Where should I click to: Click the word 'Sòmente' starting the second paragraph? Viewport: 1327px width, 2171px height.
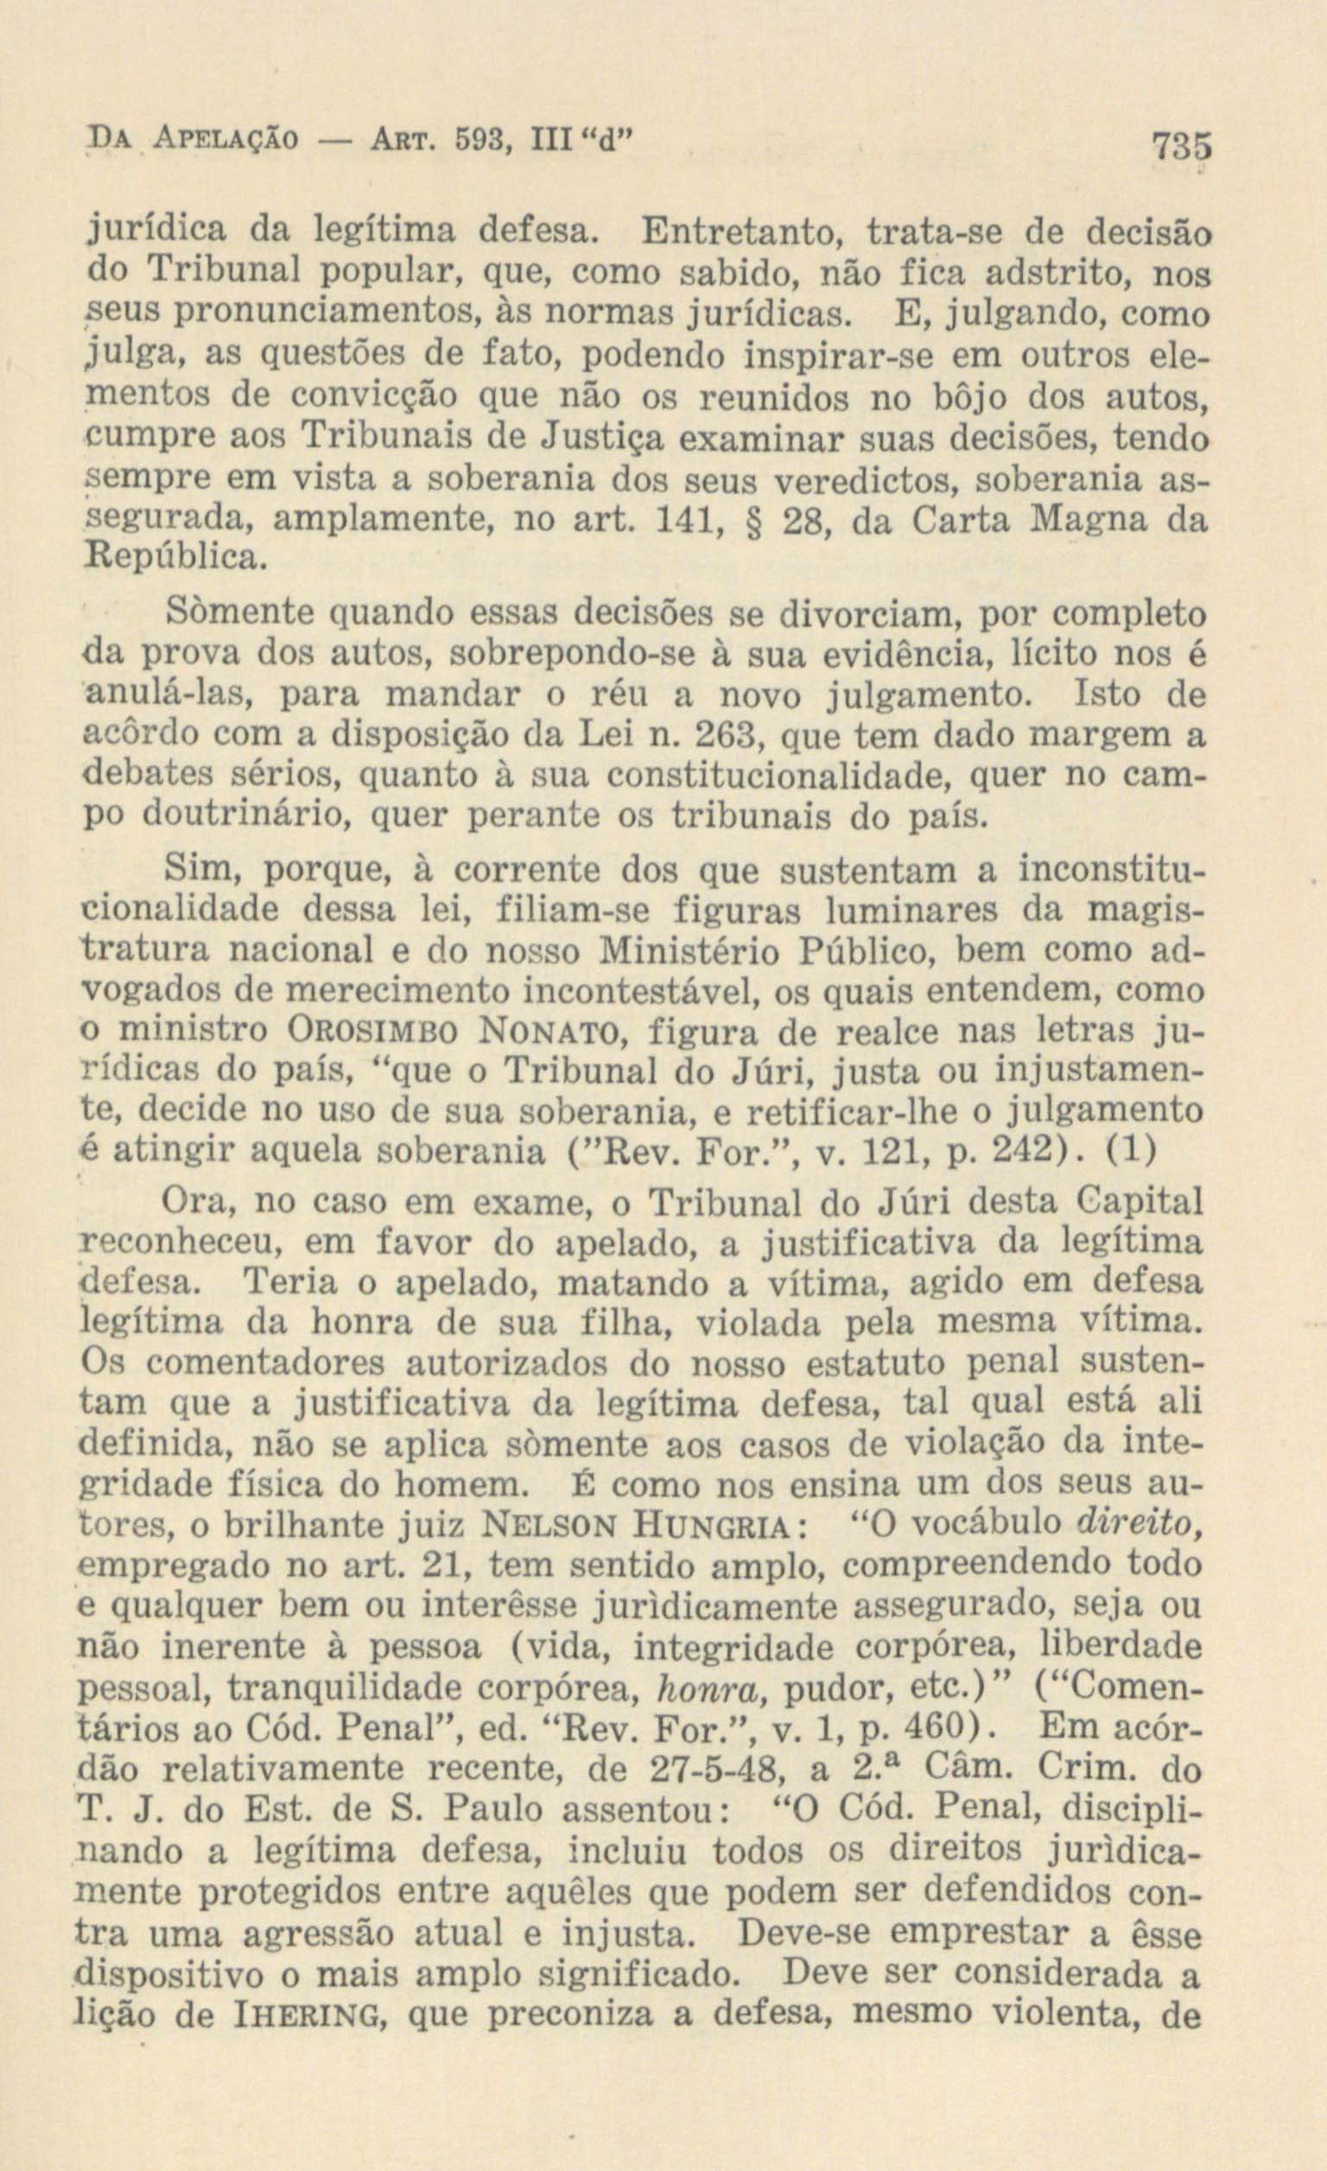[x=226, y=613]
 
